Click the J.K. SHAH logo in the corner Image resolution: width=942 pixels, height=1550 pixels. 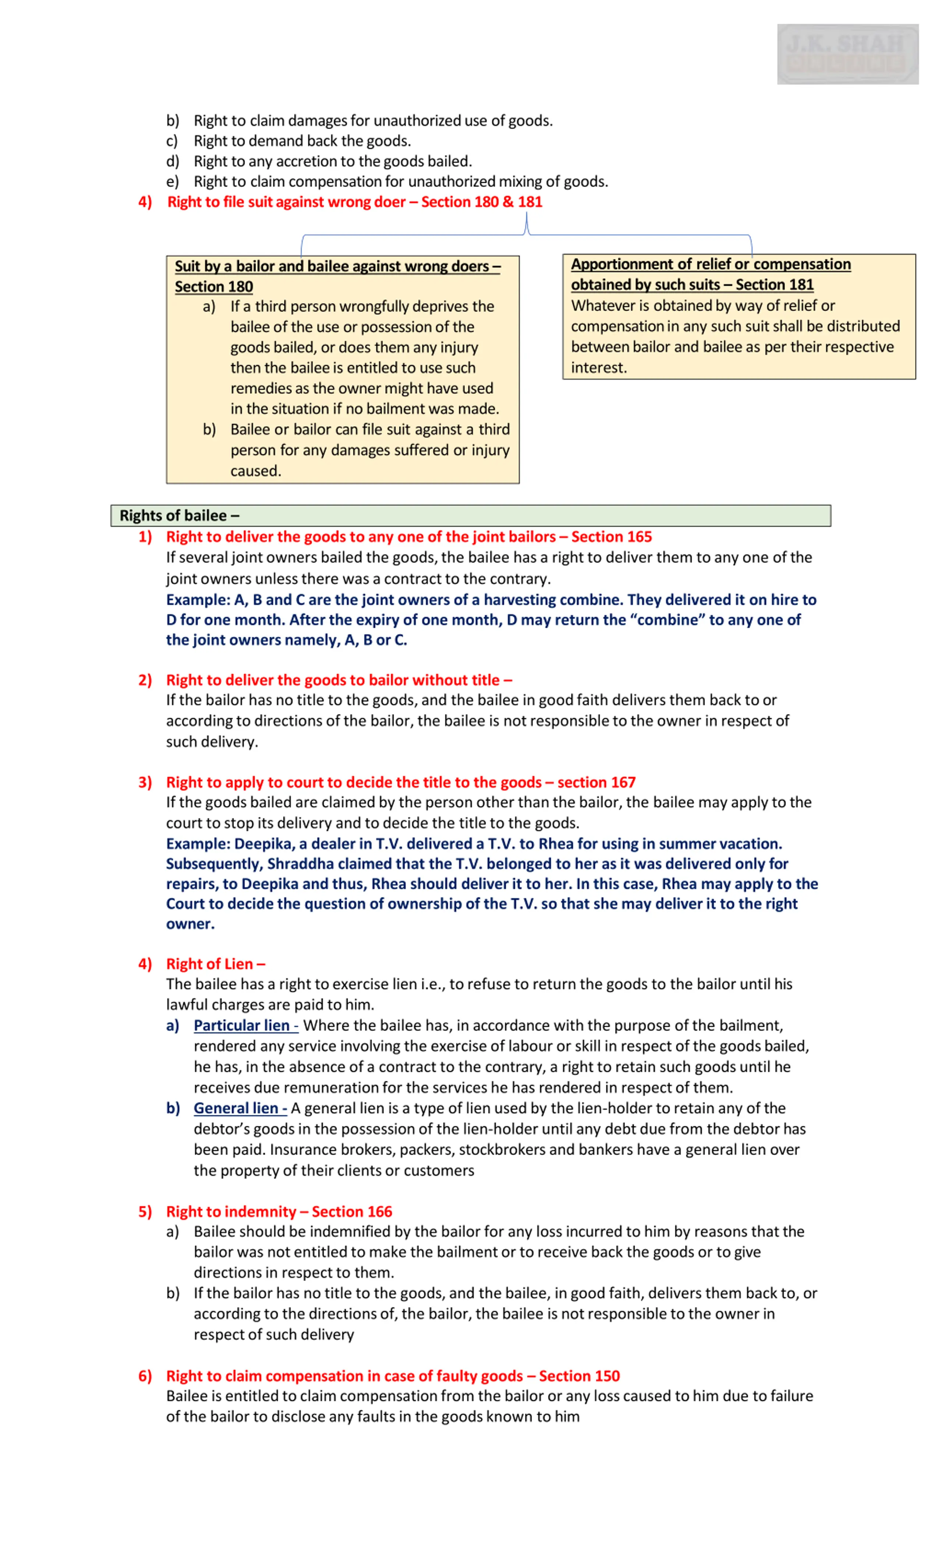pos(847,54)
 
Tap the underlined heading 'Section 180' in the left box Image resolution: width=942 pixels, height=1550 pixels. pos(214,287)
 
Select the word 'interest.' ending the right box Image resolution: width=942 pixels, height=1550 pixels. pos(598,367)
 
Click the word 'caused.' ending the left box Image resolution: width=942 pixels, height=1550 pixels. pos(255,471)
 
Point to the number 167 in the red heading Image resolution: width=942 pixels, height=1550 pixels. pos(622,782)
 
